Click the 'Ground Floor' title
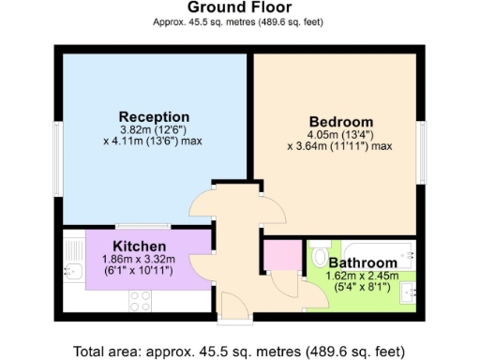click(x=239, y=7)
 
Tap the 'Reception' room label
click(x=153, y=116)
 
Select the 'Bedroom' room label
click(x=340, y=122)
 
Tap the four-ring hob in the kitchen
click(x=142, y=301)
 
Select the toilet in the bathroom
click(x=319, y=257)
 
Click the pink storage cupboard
click(x=278, y=256)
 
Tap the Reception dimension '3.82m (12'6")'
click(x=153, y=129)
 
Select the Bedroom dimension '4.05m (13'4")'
click(x=340, y=134)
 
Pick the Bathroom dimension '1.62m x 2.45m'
click(x=361, y=276)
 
